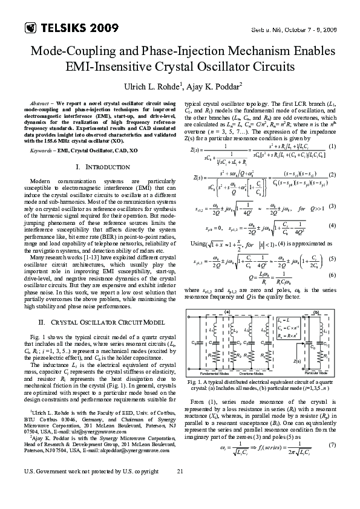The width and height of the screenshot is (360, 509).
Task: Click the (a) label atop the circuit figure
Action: (229, 311)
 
